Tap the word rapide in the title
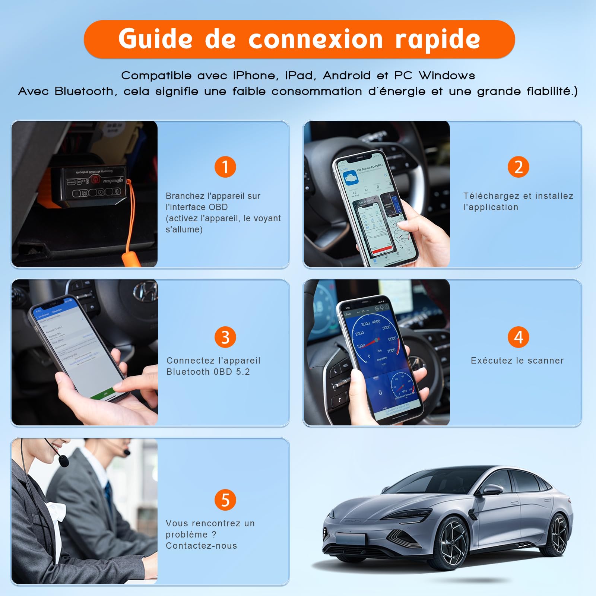[x=438, y=39]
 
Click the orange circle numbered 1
[x=225, y=167]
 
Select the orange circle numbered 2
[x=518, y=167]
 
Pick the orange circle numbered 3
[x=225, y=337]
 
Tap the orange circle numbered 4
[x=518, y=337]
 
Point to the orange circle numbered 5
[x=225, y=500]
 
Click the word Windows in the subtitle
[x=447, y=76]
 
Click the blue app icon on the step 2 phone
[x=349, y=178]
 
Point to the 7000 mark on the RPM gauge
[x=391, y=351]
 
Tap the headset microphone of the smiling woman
[x=64, y=462]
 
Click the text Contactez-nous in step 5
[x=201, y=546]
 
